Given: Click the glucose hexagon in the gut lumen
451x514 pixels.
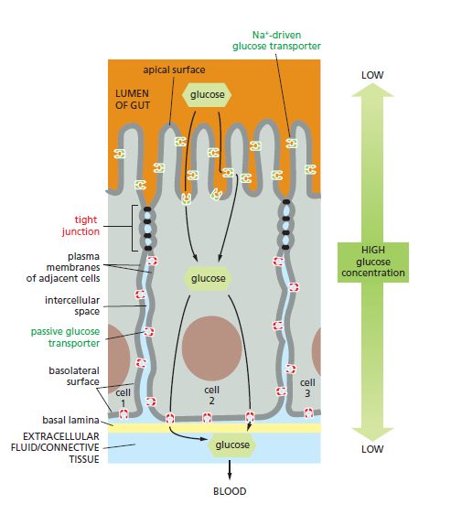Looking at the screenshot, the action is [x=207, y=95].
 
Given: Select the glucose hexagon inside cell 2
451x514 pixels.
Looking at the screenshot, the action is [x=208, y=278].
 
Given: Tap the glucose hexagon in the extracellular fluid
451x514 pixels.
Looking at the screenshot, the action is [x=231, y=444].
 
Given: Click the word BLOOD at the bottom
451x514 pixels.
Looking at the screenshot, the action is [x=230, y=491].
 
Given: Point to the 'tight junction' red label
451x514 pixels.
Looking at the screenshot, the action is [x=81, y=226].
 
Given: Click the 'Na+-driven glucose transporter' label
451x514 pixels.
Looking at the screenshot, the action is [x=276, y=40].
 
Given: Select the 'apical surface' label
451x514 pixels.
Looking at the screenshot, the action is [x=174, y=70].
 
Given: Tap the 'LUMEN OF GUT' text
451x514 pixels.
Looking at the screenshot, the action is [x=133, y=100].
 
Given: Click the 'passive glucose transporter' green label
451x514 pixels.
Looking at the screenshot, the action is [x=65, y=337].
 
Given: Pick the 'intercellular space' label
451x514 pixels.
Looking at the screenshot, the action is [x=72, y=305].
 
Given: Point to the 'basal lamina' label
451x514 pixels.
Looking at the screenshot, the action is [x=70, y=420].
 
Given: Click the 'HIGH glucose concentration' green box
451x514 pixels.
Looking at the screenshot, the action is [x=373, y=262].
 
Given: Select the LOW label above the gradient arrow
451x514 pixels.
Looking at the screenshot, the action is [x=372, y=75].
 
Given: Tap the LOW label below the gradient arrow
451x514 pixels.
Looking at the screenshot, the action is [x=372, y=449].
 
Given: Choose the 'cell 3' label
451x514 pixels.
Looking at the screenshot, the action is [x=307, y=388].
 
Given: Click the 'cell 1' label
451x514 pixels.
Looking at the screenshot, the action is [x=123, y=398].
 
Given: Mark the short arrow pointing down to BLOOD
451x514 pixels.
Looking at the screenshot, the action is [x=230, y=470].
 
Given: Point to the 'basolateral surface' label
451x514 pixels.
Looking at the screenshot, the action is [x=74, y=376].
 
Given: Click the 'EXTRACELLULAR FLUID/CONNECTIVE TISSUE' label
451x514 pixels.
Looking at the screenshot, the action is [x=55, y=448].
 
